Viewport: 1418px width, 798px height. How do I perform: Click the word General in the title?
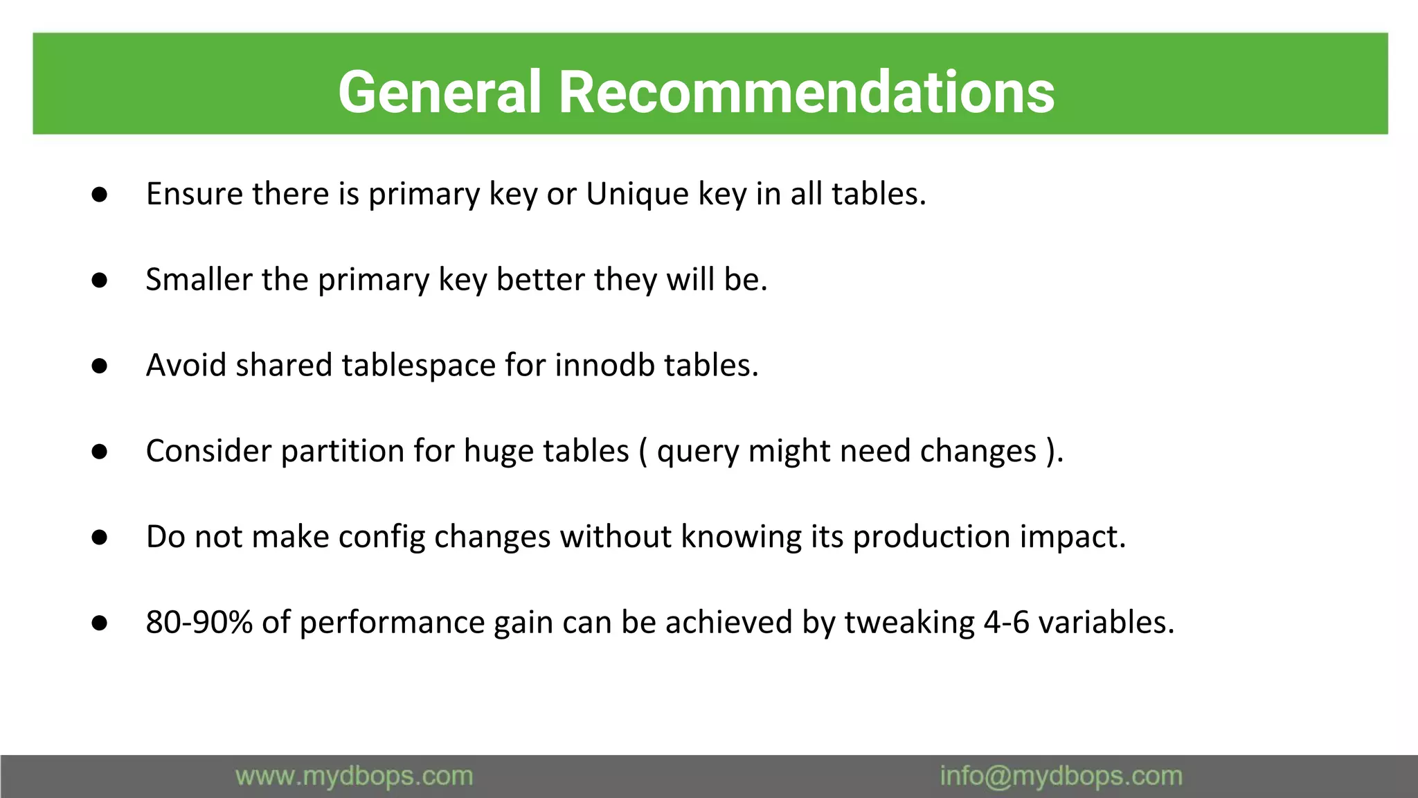click(439, 92)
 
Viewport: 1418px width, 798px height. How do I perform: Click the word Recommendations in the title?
click(806, 92)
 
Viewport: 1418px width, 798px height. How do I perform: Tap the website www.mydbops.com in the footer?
click(354, 776)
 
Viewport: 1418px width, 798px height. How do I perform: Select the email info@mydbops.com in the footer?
click(1061, 776)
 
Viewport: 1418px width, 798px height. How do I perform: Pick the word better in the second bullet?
click(540, 280)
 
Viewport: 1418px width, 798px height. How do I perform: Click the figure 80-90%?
click(199, 623)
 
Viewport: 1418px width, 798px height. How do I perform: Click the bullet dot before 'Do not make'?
click(99, 538)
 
